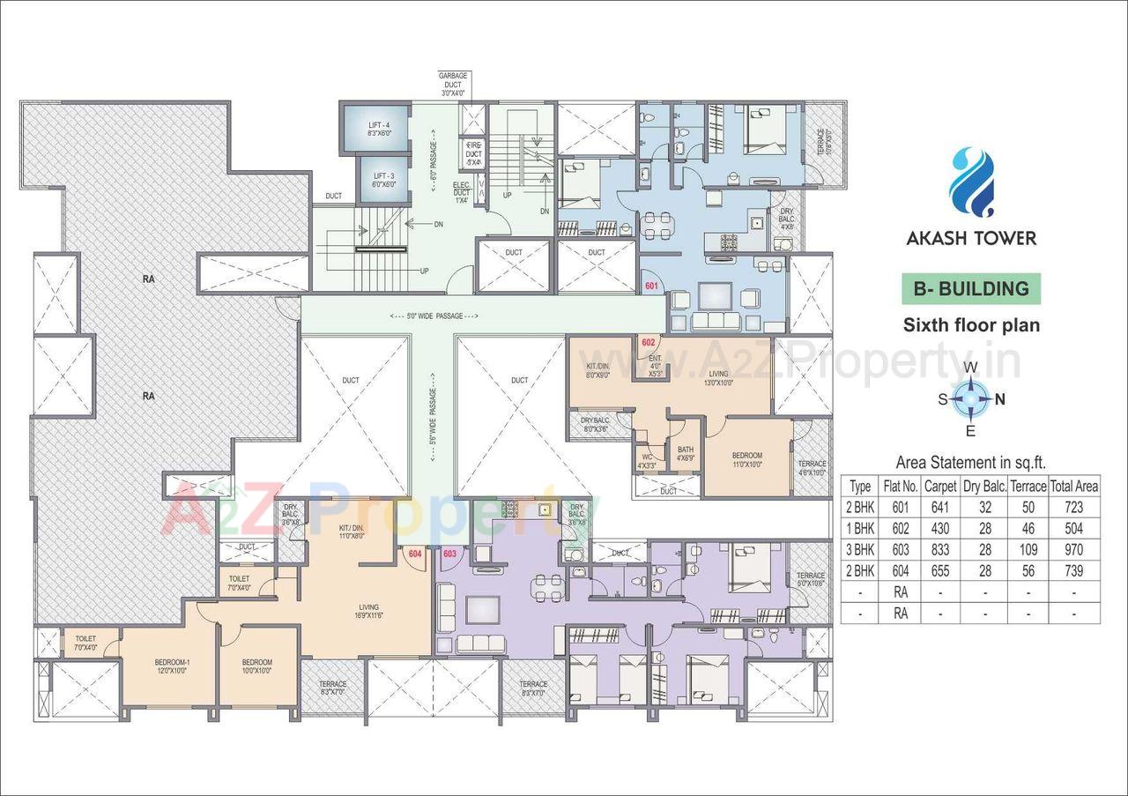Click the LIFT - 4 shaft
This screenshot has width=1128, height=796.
click(379, 130)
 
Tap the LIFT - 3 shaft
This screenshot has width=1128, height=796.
click(382, 180)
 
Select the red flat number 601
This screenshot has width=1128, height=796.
click(651, 286)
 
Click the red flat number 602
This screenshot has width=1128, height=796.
click(648, 342)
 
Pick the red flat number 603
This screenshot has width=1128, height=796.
click(449, 554)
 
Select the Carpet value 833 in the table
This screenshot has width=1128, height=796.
click(940, 548)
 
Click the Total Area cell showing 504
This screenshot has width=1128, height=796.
click(1074, 528)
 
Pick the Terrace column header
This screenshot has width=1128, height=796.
click(1028, 486)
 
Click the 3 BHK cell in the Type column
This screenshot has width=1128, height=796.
click(860, 548)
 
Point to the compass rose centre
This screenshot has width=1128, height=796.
click(970, 398)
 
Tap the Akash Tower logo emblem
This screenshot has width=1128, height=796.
click(972, 182)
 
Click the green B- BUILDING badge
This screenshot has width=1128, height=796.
click(970, 288)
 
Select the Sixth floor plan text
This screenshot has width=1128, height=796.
click(971, 325)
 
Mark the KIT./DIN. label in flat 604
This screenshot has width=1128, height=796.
click(352, 531)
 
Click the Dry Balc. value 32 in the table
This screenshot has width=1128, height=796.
click(984, 507)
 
